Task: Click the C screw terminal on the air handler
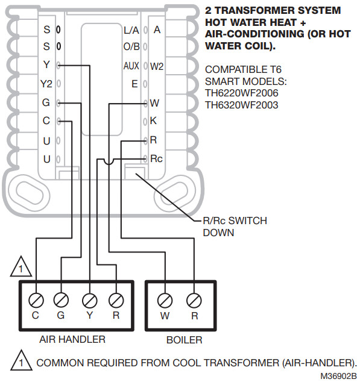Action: (36, 299)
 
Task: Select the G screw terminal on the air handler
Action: (60, 299)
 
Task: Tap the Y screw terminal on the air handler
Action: (89, 299)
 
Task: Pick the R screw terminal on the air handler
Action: (115, 299)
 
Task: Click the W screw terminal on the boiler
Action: (165, 299)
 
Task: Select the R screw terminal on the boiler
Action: (194, 299)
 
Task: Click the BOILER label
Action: (184, 340)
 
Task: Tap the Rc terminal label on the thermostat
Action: (156, 159)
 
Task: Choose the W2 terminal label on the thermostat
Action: (157, 66)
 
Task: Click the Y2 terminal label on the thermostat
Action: (46, 84)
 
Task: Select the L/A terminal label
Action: (131, 30)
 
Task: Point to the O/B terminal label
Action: (131, 46)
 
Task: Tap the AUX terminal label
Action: (131, 66)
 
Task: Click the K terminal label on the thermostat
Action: (153, 121)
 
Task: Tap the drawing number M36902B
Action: (338, 377)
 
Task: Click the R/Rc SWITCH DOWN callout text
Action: (234, 227)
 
